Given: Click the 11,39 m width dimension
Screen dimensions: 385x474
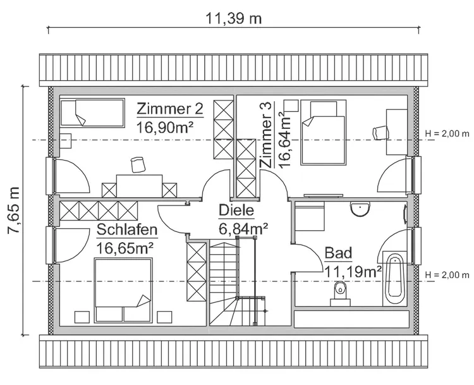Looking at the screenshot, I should pos(233,18).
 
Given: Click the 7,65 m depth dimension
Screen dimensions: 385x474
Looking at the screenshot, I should pos(13,211).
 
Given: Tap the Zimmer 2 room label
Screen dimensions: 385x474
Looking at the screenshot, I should pos(170,109).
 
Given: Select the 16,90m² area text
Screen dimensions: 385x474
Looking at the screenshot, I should pos(165,127).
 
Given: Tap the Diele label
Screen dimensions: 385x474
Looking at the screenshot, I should pos(236,211).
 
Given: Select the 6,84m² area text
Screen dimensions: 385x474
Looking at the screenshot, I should pos(243,227).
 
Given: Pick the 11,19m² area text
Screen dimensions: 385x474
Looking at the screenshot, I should pos(353,271).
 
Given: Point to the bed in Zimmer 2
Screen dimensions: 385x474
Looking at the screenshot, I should pos(92,114).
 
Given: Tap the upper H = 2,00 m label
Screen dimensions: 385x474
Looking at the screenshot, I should pos(447,133).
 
